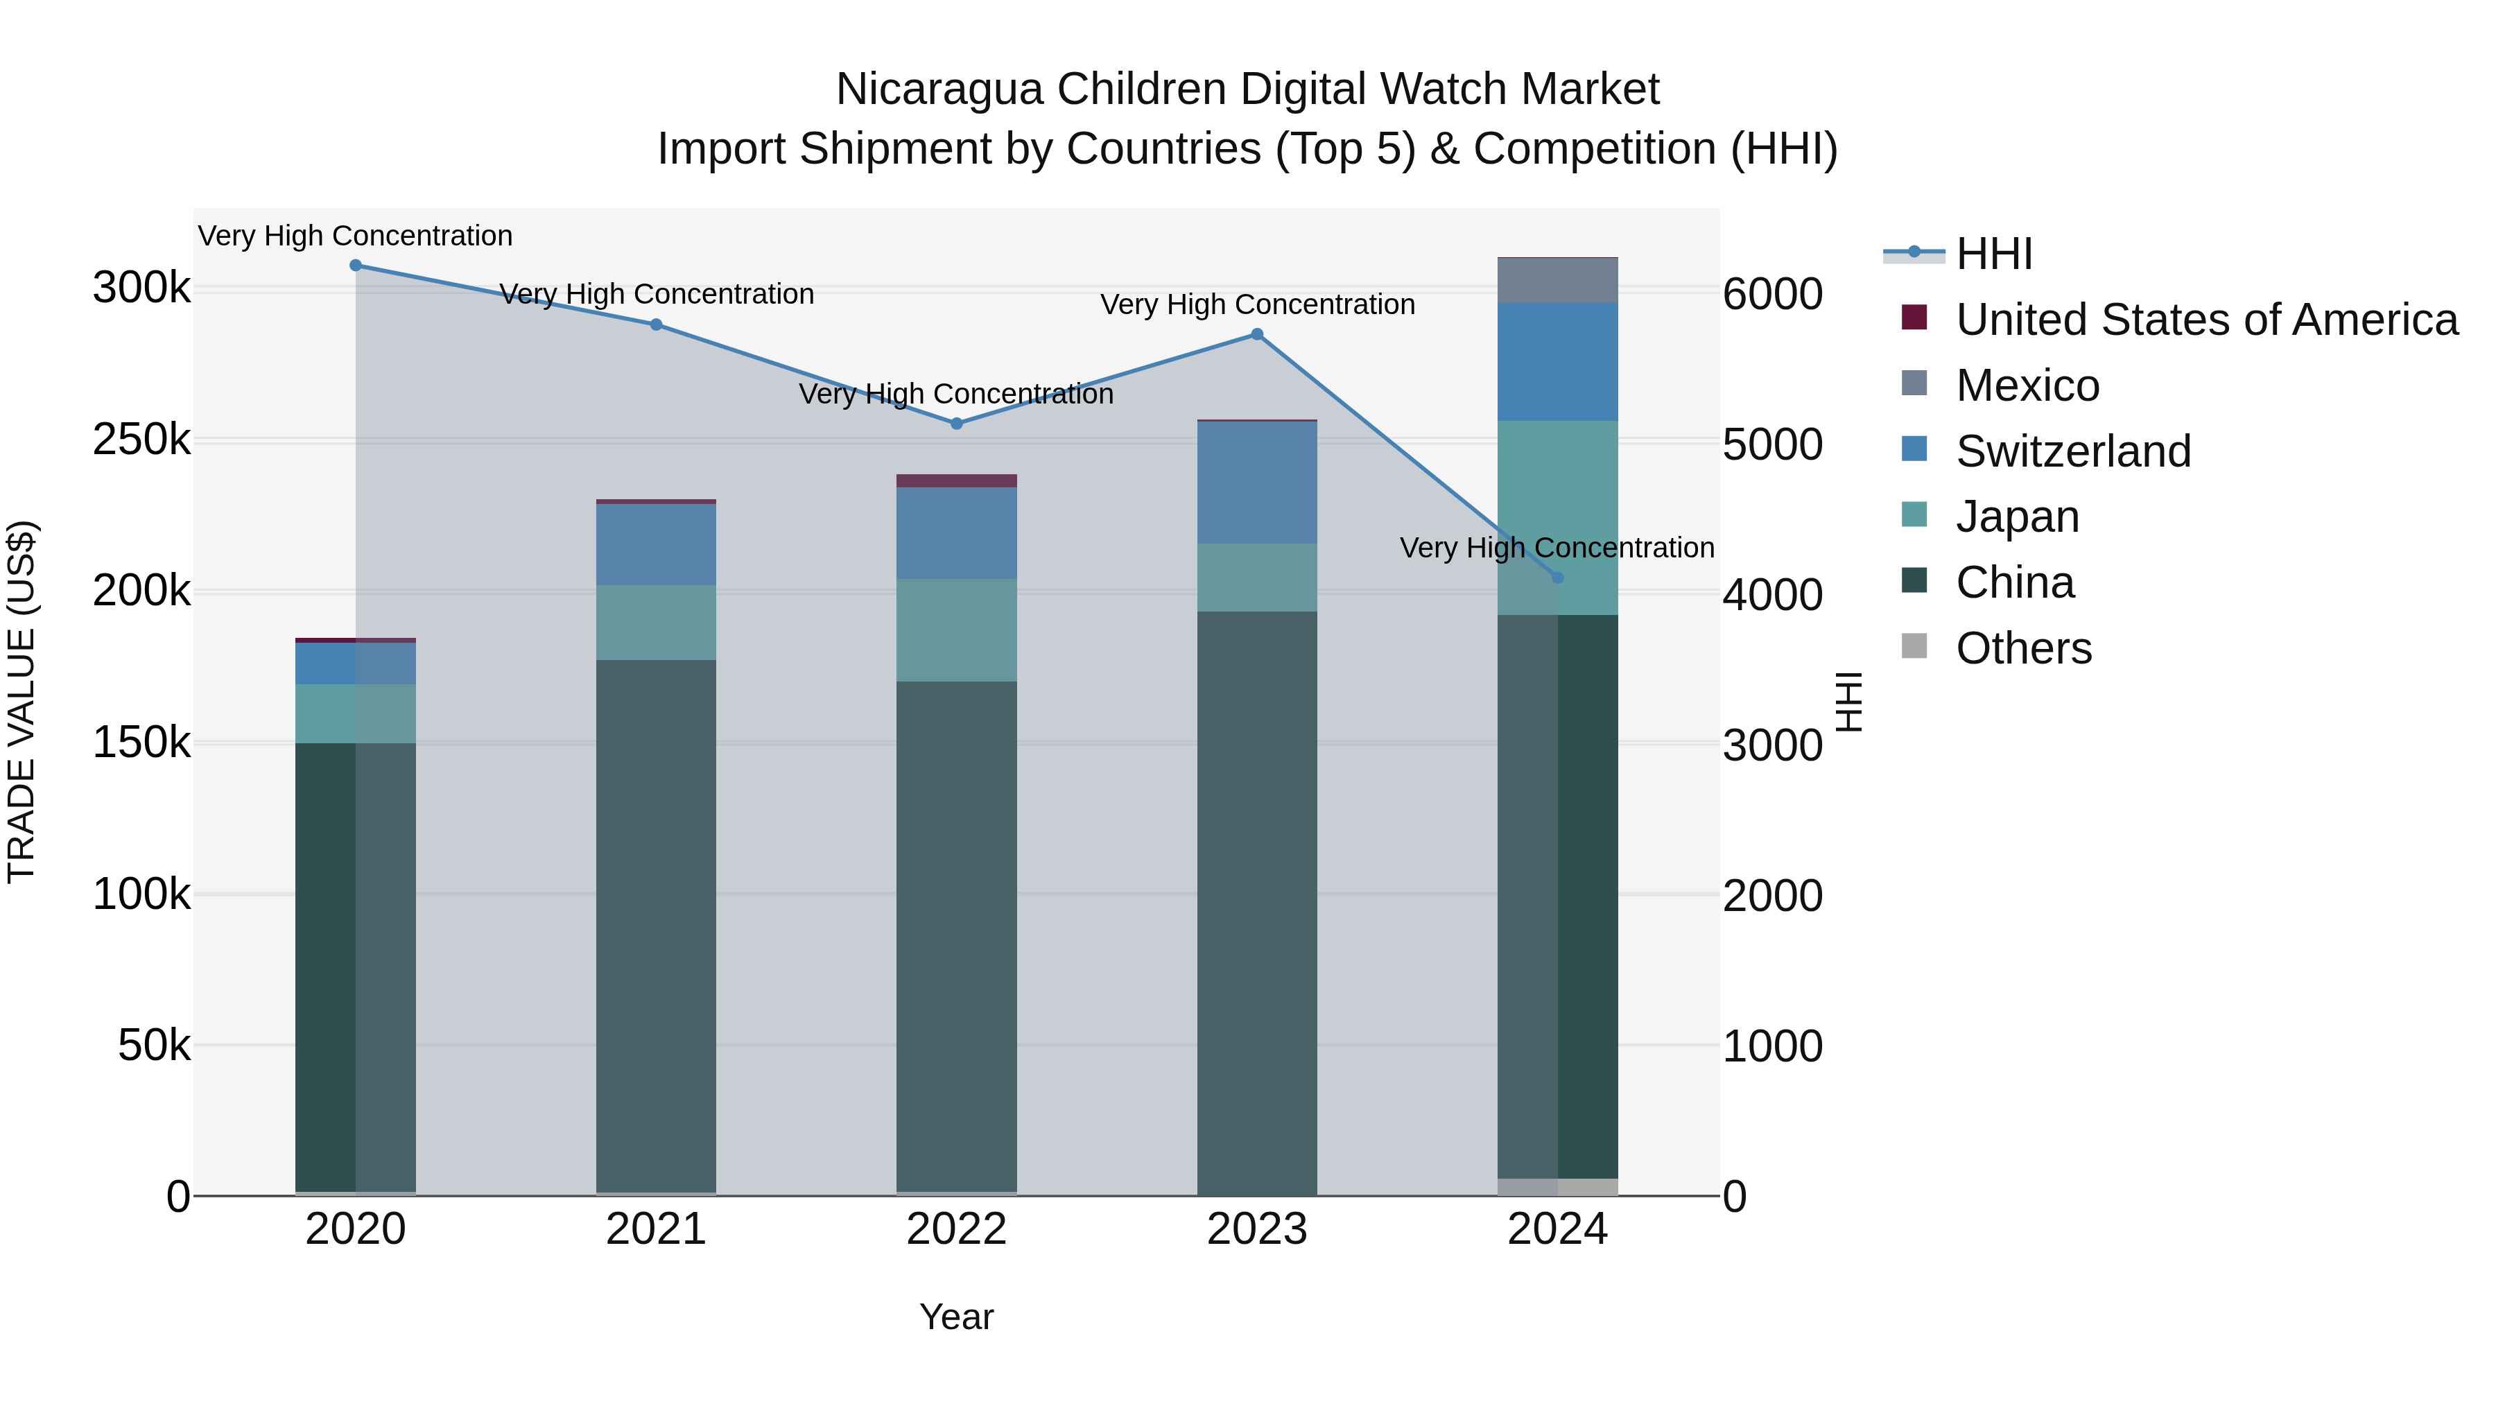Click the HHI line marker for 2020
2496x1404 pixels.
tap(356, 266)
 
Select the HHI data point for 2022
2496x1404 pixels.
tap(956, 424)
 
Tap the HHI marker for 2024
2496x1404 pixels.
tap(1558, 578)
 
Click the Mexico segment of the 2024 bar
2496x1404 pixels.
tap(1558, 281)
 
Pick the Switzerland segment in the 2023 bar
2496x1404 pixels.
tap(1257, 483)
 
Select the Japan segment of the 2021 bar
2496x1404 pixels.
tap(656, 623)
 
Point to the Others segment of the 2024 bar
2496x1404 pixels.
tap(1558, 1187)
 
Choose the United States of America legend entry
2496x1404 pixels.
tap(2206, 320)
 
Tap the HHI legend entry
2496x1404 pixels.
tap(1993, 254)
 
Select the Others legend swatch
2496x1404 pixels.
tap(1914, 645)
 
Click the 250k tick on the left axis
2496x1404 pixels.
tap(141, 440)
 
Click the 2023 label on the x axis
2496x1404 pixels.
tap(1257, 1229)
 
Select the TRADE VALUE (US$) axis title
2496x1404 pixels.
tap(21, 702)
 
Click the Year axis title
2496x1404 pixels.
tap(956, 1317)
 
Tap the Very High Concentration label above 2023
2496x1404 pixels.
tap(1257, 304)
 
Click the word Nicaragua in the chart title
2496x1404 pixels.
tap(939, 89)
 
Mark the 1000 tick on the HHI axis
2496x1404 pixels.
tap(1772, 1046)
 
